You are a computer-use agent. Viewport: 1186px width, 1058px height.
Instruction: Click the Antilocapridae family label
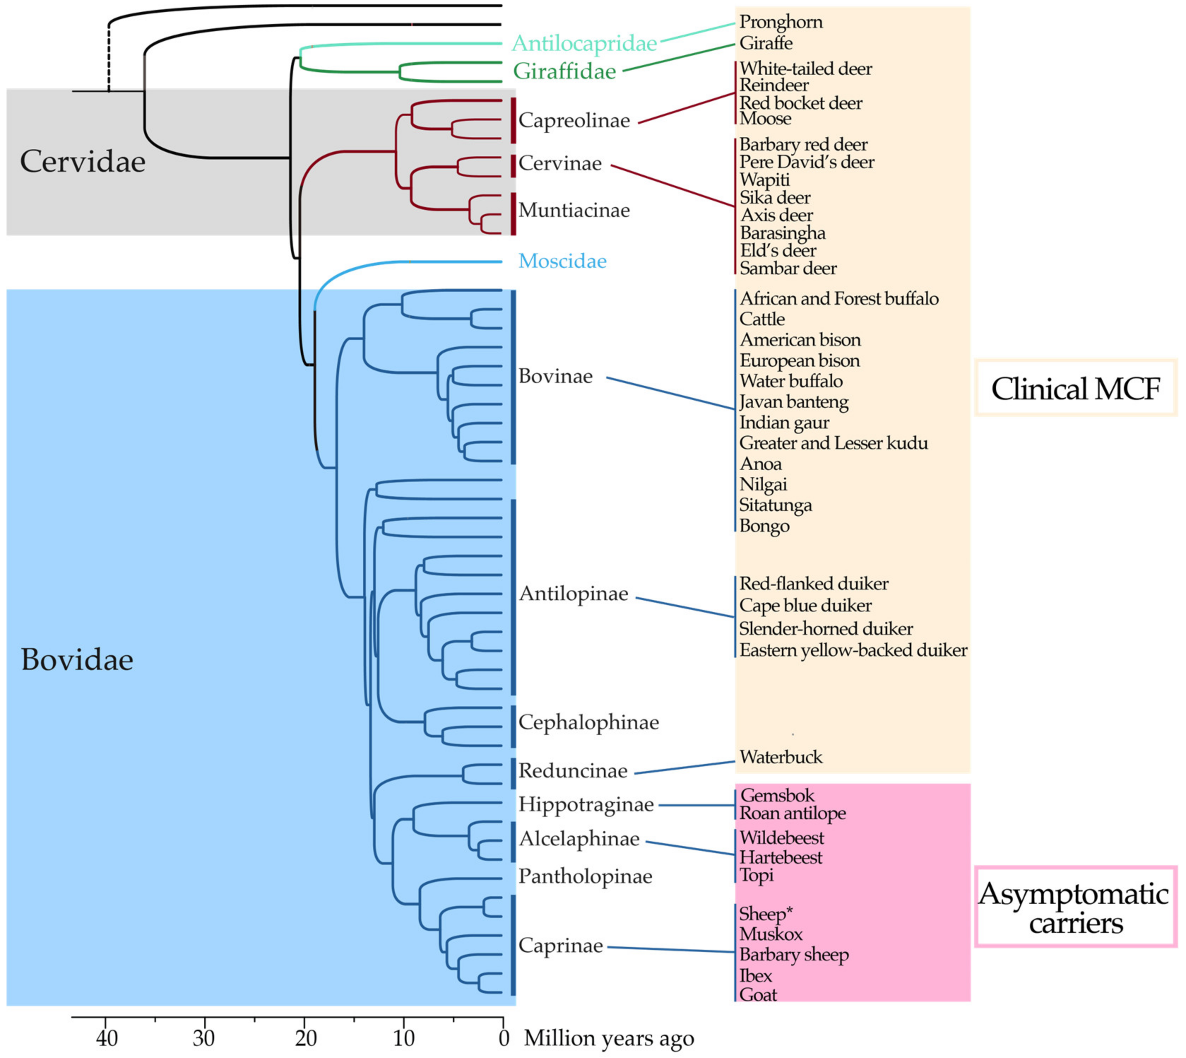(x=584, y=43)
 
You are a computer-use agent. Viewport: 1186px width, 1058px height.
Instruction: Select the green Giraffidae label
(x=564, y=71)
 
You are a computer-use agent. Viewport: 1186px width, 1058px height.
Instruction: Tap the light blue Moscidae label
(x=562, y=261)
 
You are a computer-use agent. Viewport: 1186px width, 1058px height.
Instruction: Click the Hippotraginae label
(x=586, y=805)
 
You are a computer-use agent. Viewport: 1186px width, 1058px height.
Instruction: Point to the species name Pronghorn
(x=781, y=22)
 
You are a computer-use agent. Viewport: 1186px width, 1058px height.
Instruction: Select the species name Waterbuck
(x=781, y=758)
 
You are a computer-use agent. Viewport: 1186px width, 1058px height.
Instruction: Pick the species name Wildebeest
(x=782, y=838)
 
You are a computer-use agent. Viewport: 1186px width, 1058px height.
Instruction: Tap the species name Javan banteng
(x=794, y=402)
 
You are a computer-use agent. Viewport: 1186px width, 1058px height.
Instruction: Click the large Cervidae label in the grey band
(x=83, y=161)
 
